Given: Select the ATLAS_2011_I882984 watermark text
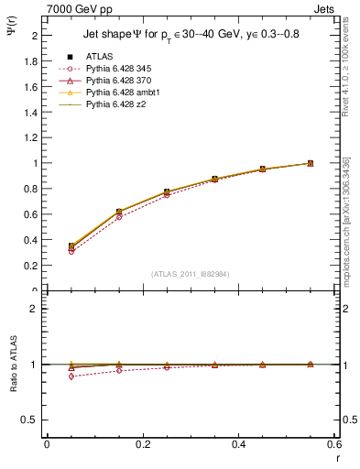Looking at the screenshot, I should coord(191,274).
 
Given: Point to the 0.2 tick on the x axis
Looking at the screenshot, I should coord(143,444).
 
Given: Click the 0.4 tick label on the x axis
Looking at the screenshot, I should coord(238,444).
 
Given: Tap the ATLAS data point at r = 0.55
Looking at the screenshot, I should coord(310,163).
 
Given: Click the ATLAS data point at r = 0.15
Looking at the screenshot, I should coord(119,212).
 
